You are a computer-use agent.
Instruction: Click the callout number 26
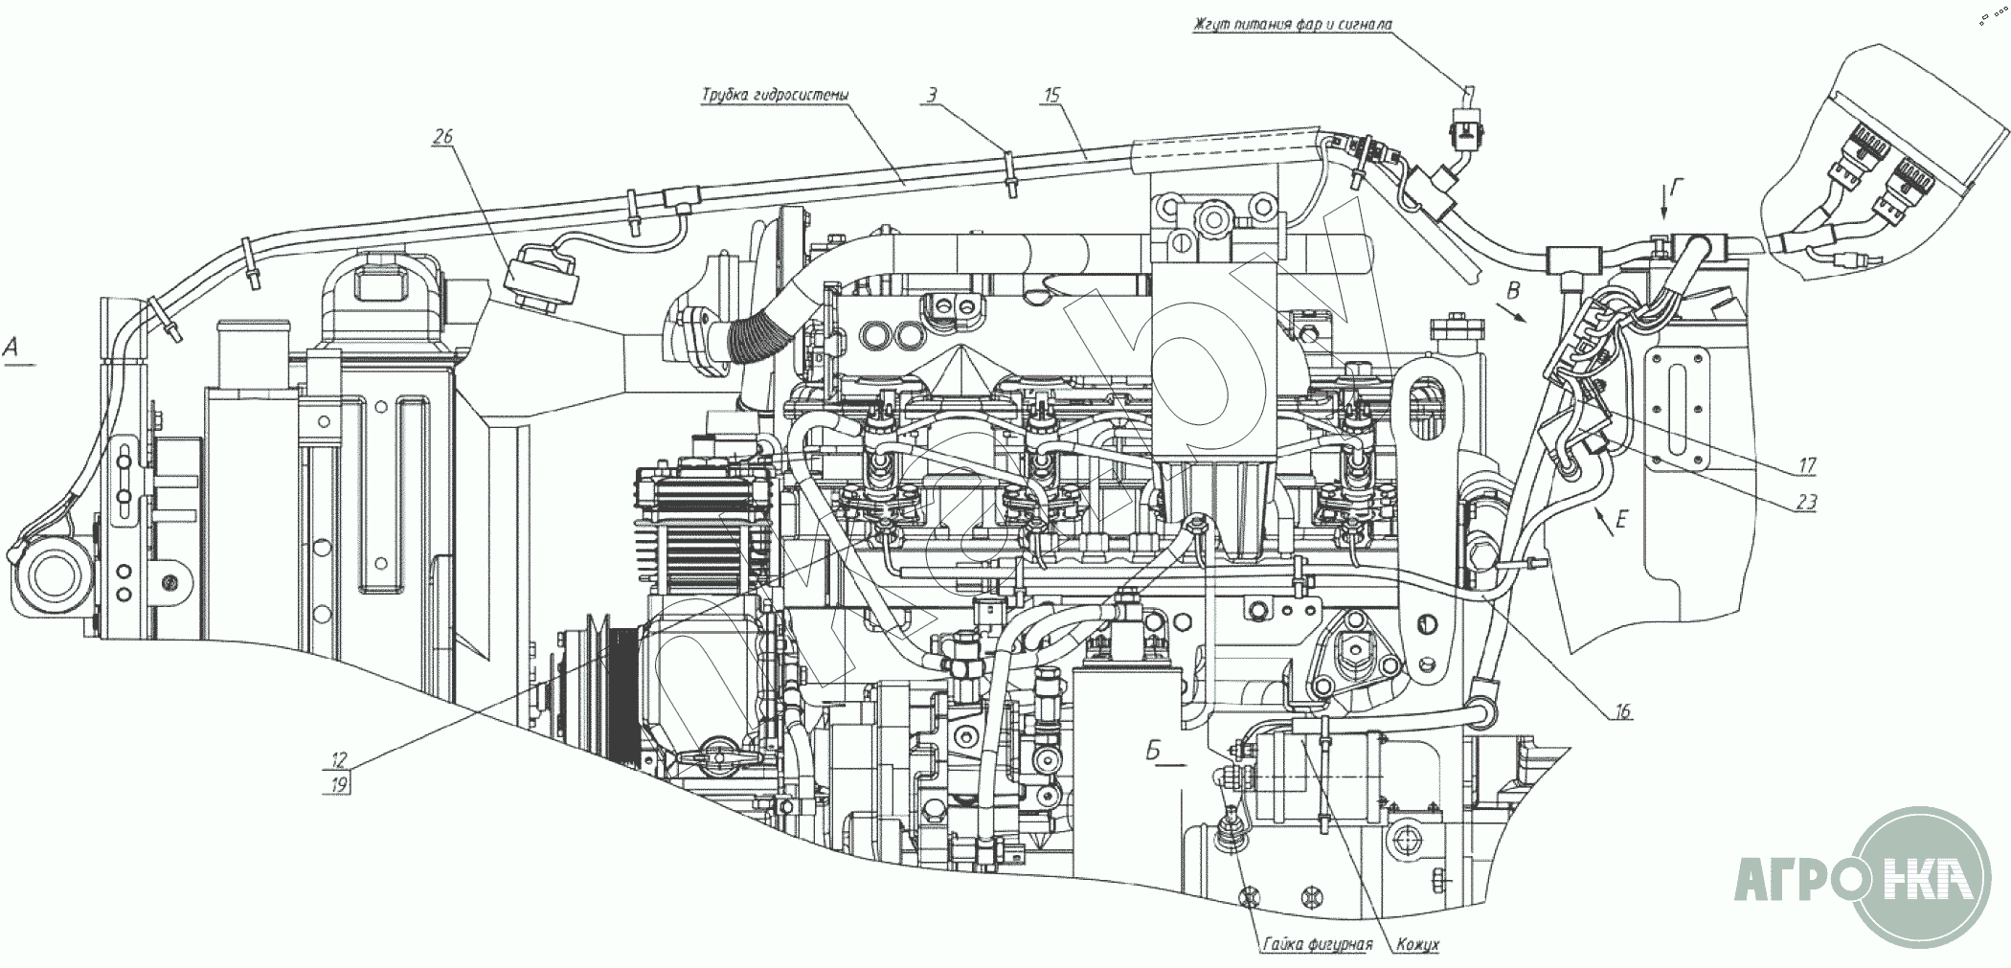(442, 137)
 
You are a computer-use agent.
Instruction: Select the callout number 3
(932, 95)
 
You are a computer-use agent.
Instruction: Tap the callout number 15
(1052, 94)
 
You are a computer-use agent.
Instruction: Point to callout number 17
(1807, 466)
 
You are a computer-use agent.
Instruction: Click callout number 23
(1806, 502)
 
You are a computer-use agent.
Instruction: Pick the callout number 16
(1621, 712)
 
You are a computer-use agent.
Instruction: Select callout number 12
(339, 760)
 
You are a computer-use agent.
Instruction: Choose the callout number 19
(339, 784)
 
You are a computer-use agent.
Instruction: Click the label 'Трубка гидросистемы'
(775, 95)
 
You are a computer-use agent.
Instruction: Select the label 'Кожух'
(1417, 944)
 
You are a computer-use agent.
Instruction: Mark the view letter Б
(1154, 752)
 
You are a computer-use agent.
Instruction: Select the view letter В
(1513, 289)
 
